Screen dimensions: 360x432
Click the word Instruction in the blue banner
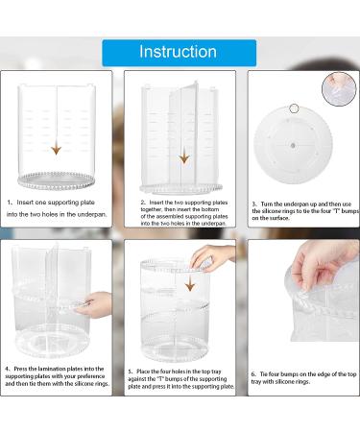(x=178, y=52)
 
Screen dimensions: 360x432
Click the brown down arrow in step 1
(x=57, y=149)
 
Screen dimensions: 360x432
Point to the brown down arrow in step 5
(x=190, y=284)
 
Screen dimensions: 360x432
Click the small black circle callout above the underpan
(x=294, y=108)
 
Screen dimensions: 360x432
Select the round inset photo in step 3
(x=339, y=89)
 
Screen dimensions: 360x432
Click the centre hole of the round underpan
(x=293, y=146)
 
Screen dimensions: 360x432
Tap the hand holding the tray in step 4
(x=93, y=305)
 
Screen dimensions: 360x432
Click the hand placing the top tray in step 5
(x=212, y=258)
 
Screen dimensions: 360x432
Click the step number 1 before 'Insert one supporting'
(x=10, y=203)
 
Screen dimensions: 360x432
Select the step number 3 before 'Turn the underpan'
(x=254, y=204)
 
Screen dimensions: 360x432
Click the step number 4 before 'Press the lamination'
(x=8, y=369)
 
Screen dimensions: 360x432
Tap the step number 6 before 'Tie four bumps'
(x=253, y=374)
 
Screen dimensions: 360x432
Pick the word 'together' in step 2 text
(x=152, y=209)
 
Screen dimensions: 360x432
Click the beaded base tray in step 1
(x=57, y=180)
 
